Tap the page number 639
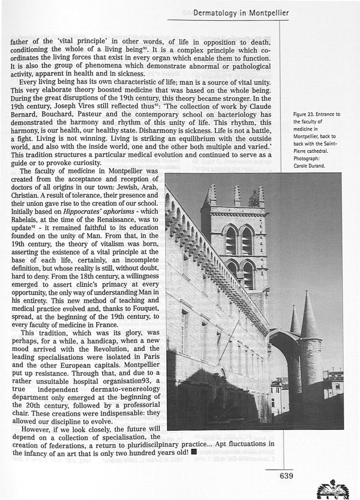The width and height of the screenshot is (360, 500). [x=287, y=476]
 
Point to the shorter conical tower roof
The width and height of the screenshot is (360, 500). [x=295, y=321]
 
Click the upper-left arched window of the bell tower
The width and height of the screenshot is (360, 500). [x=230, y=240]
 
